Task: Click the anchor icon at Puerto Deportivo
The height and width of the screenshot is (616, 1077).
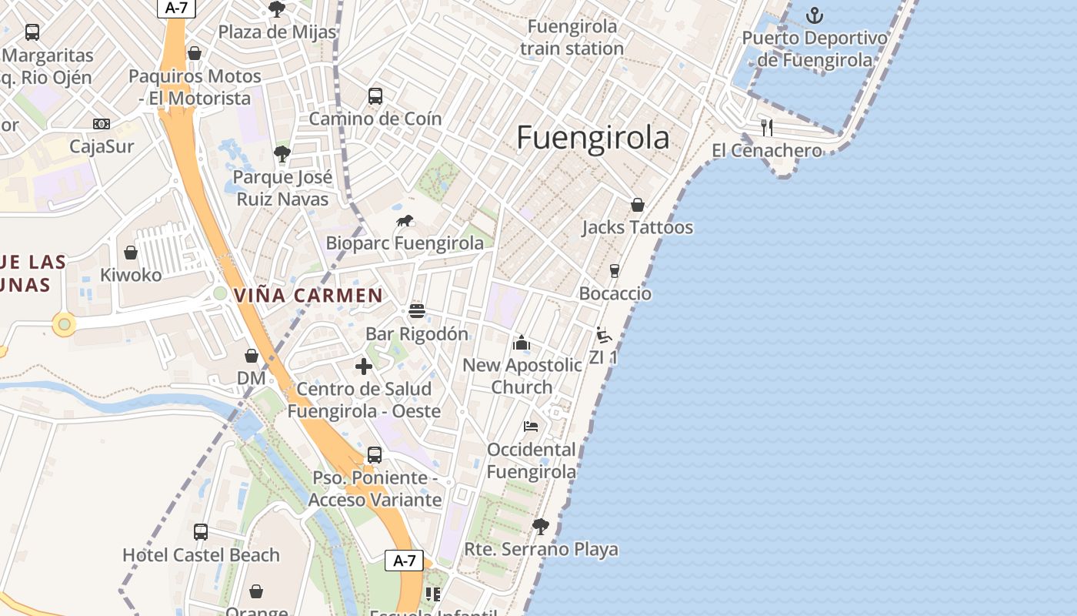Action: point(814,15)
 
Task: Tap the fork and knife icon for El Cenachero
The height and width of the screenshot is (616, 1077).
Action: point(767,127)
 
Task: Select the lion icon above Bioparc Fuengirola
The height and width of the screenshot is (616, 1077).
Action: point(405,222)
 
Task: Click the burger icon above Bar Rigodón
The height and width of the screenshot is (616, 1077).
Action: point(417,311)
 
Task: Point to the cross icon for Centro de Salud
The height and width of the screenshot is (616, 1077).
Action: point(364,367)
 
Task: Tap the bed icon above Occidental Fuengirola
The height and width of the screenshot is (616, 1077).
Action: point(531,426)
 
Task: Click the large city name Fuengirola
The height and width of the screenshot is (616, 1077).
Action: point(592,139)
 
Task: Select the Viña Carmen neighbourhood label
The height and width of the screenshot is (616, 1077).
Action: point(308,295)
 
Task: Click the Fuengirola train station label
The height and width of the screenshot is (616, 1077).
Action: point(572,38)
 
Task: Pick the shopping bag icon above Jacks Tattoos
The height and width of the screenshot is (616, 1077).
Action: point(638,205)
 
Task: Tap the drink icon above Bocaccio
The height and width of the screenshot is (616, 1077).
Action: point(614,270)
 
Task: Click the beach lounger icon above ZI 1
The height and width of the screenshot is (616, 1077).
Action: point(604,336)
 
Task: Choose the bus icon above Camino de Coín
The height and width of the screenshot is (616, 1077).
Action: point(375,96)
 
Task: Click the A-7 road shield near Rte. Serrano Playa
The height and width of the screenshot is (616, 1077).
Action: point(404,561)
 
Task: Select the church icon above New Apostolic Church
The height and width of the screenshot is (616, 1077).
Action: point(522,343)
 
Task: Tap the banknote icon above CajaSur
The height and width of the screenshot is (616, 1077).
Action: point(102,124)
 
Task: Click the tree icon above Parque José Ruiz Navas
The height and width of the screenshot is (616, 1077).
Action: point(282,154)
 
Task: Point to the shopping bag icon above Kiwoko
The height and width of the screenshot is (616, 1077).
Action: point(131,253)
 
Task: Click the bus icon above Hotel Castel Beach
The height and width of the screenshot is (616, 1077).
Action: point(201,531)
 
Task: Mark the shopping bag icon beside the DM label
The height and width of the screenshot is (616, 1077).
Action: point(252,356)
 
